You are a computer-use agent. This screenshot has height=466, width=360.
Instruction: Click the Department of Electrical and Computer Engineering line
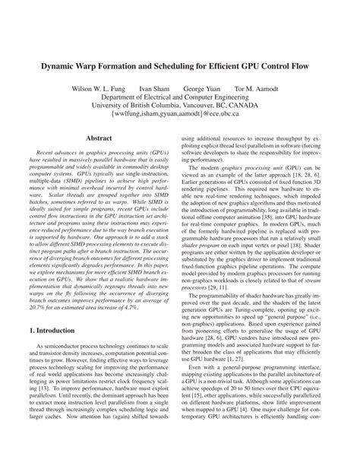(x=180, y=97)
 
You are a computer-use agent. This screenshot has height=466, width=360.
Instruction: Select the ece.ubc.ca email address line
(x=180, y=118)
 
